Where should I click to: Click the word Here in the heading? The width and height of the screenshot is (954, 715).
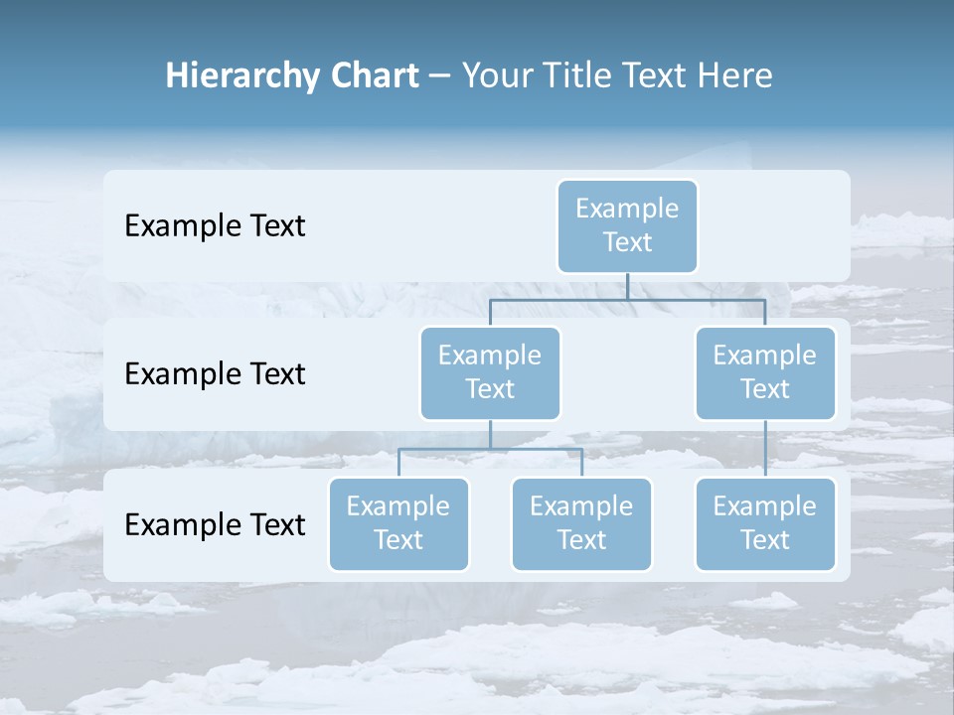pyautogui.click(x=734, y=75)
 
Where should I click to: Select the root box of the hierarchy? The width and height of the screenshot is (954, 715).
pyautogui.click(x=627, y=226)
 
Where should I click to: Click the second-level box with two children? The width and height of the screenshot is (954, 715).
pyautogui.click(x=490, y=373)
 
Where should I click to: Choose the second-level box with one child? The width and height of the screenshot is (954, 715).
pyautogui.click(x=765, y=373)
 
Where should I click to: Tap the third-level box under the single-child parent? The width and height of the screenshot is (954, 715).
pyautogui.click(x=765, y=524)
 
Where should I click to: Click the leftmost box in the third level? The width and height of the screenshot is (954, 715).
pyautogui.click(x=398, y=524)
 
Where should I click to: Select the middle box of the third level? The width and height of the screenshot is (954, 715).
pyautogui.click(x=581, y=524)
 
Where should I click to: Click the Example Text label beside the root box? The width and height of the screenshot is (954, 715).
pyautogui.click(x=215, y=226)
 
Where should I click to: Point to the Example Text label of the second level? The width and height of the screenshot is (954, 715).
pyautogui.click(x=215, y=374)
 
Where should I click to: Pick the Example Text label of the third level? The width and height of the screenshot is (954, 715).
pyautogui.click(x=215, y=524)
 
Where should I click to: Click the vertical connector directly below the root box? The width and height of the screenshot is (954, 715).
pyautogui.click(x=627, y=286)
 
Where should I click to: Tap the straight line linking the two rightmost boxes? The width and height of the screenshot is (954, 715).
pyautogui.click(x=765, y=449)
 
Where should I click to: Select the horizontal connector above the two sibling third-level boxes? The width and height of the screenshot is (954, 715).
pyautogui.click(x=490, y=449)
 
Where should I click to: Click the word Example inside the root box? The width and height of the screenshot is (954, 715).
pyautogui.click(x=627, y=209)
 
